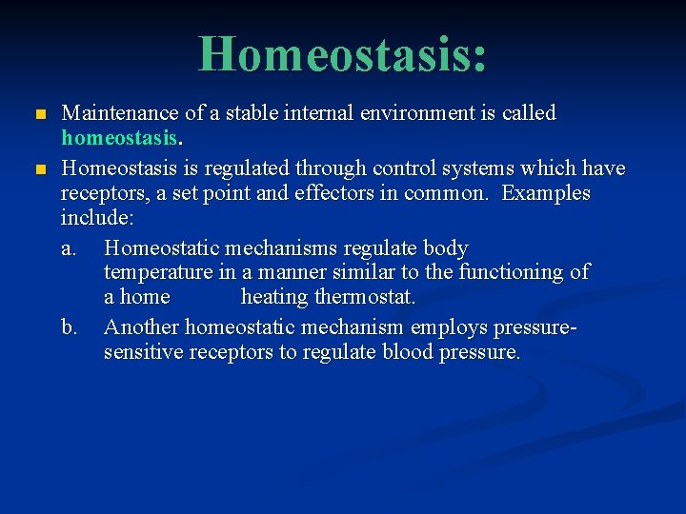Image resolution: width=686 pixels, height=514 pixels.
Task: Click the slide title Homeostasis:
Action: pos(343,53)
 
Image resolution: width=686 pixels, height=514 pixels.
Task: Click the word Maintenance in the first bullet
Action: pos(119,113)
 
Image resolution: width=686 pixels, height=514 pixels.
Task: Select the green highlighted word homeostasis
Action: pos(118,138)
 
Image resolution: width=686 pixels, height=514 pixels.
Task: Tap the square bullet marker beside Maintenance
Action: pos(39,114)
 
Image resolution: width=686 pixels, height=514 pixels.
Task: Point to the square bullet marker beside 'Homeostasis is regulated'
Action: pos(39,169)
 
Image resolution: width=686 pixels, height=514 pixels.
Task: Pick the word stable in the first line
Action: pos(233,113)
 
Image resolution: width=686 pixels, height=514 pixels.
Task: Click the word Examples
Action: pos(546,193)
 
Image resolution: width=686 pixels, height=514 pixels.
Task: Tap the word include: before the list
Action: pos(97,218)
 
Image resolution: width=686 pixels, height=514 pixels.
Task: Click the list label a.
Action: pos(69,248)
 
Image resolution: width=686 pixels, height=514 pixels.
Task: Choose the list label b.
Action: pos(69,327)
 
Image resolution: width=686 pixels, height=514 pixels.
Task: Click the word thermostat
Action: pos(367,297)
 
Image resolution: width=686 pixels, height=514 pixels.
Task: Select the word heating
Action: pos(274,297)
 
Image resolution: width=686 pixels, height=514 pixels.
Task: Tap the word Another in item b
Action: pos(141,327)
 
